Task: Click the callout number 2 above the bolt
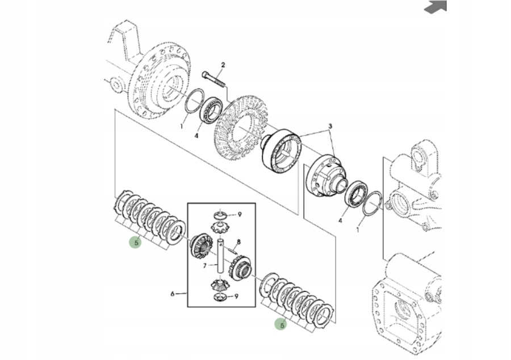pyautogui.click(x=223, y=65)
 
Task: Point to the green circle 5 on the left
pyautogui.click(x=135, y=242)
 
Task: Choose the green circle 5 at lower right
pyautogui.click(x=280, y=324)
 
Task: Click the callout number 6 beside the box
pyautogui.click(x=172, y=294)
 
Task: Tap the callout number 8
pyautogui.click(x=239, y=242)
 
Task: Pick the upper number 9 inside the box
pyautogui.click(x=240, y=215)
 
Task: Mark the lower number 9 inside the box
pyautogui.click(x=237, y=296)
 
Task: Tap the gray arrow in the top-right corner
pyautogui.click(x=436, y=6)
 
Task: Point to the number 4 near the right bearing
pyautogui.click(x=340, y=220)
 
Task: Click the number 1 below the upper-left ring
pyautogui.click(x=182, y=126)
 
